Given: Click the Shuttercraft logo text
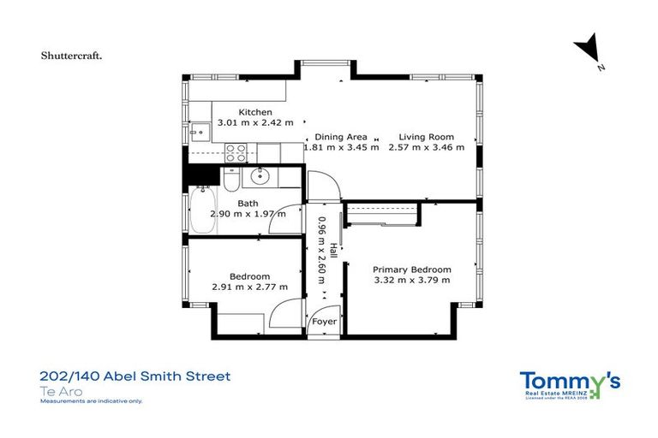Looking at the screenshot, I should pyautogui.click(x=72, y=56).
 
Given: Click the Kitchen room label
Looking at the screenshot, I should pyautogui.click(x=255, y=112).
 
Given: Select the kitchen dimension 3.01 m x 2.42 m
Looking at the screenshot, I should pyautogui.click(x=255, y=123).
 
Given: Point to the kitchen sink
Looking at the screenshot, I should pyautogui.click(x=199, y=131).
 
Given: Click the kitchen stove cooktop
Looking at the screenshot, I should pyautogui.click(x=236, y=153).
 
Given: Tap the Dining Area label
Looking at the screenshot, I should pyautogui.click(x=341, y=137).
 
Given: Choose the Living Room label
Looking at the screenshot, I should pyautogui.click(x=427, y=137).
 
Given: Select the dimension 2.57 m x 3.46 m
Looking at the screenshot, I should pyautogui.click(x=427, y=147).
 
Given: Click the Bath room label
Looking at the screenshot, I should pyautogui.click(x=248, y=204).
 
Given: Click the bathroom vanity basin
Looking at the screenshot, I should pyautogui.click(x=258, y=178).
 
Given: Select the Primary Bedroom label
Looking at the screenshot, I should pyautogui.click(x=412, y=269).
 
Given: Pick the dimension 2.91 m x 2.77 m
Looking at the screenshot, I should pyautogui.click(x=250, y=287).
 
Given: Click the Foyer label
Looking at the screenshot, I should pyautogui.click(x=324, y=322).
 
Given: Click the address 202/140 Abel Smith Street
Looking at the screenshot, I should pyautogui.click(x=135, y=376).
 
